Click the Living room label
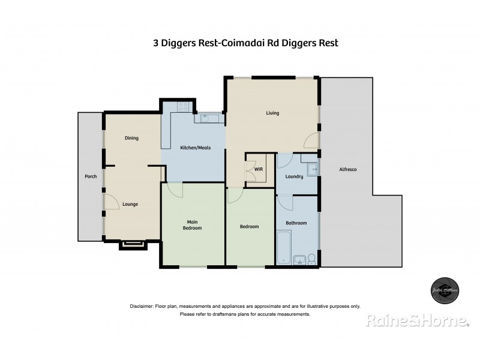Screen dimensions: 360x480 pyautogui.click(x=273, y=113)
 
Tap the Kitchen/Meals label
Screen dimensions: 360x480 pyautogui.click(x=193, y=148)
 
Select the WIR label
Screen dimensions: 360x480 pyautogui.click(x=259, y=169)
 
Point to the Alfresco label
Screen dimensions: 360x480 pyautogui.click(x=348, y=170)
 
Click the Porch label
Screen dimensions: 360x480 pyautogui.click(x=90, y=176)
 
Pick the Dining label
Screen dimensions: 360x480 pyautogui.click(x=131, y=138)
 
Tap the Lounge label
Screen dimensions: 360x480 pyautogui.click(x=130, y=204)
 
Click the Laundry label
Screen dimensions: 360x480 pyautogui.click(x=294, y=176)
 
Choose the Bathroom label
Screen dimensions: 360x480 pyautogui.click(x=296, y=223)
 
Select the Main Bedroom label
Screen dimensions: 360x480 pyautogui.click(x=192, y=225)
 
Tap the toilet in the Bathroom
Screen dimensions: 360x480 pyautogui.click(x=311, y=259)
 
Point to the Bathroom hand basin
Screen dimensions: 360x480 pyautogui.click(x=299, y=259)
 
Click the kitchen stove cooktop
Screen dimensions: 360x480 pyautogui.click(x=183, y=108)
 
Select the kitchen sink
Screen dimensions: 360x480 pyautogui.click(x=205, y=118)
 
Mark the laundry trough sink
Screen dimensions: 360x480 pyautogui.click(x=312, y=170)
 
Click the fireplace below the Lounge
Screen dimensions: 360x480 pyautogui.click(x=131, y=244)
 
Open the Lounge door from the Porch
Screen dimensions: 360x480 pyautogui.click(x=110, y=202)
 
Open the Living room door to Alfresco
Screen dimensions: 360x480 pyautogui.click(x=312, y=140)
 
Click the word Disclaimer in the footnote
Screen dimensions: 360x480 pyautogui.click(x=142, y=306)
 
